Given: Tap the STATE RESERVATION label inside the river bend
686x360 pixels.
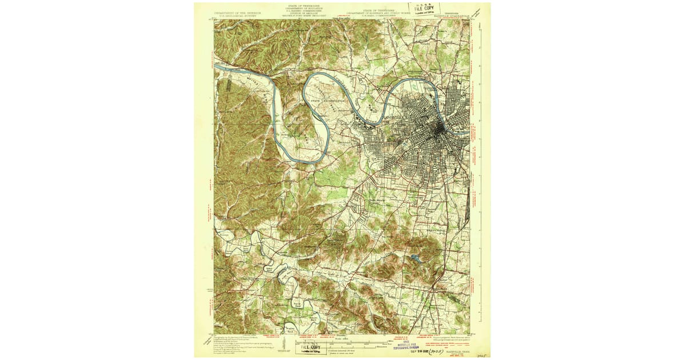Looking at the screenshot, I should [328, 100].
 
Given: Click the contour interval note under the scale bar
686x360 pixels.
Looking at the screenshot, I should [358, 350].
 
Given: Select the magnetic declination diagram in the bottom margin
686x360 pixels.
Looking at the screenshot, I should [285, 345].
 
